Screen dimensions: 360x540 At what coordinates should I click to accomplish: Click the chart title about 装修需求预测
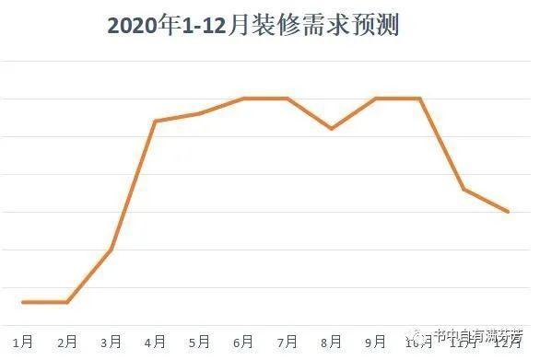pyautogui.click(x=252, y=25)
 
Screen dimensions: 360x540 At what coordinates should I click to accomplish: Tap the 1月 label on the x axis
pyautogui.click(x=23, y=343)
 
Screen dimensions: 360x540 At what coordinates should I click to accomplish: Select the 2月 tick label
pyautogui.click(x=67, y=343)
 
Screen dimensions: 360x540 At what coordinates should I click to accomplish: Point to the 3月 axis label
pyautogui.click(x=112, y=343)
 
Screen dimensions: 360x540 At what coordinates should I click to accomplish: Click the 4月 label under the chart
pyautogui.click(x=156, y=343)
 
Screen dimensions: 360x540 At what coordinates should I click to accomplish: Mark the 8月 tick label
pyautogui.click(x=333, y=343)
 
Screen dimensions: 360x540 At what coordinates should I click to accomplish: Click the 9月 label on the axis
pyautogui.click(x=377, y=343)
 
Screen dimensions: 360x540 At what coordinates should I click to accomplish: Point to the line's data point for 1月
pyautogui.click(x=23, y=302)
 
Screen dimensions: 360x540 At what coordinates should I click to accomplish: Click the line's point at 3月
pyautogui.click(x=112, y=250)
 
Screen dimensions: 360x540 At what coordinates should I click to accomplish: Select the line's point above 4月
pyautogui.click(x=155, y=121)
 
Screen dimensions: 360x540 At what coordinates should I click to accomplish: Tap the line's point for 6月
pyautogui.click(x=243, y=98)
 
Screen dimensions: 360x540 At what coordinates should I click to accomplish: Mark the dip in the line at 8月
pyautogui.click(x=332, y=129)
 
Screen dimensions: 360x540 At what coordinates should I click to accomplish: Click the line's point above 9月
pyautogui.click(x=376, y=98)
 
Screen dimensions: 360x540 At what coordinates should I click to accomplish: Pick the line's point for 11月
pyautogui.click(x=464, y=189)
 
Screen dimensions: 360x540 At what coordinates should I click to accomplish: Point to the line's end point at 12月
pyautogui.click(x=508, y=212)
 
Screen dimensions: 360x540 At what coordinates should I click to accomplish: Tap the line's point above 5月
pyautogui.click(x=199, y=113)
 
